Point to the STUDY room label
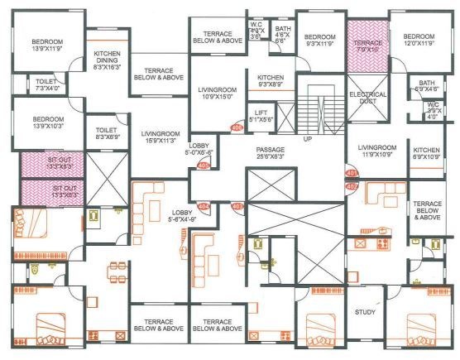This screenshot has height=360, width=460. (365, 313)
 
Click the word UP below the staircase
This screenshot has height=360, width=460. (308, 139)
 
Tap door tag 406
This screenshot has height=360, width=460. (236, 127)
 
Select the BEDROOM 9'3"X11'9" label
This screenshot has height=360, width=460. (319, 42)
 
